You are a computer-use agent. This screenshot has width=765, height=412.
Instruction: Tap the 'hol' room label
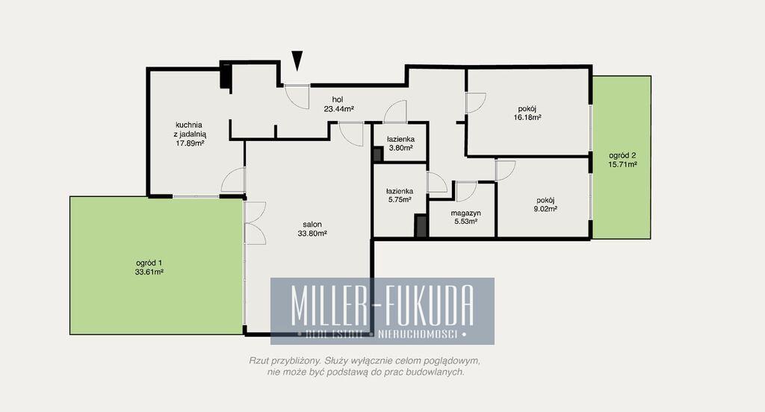[338, 100]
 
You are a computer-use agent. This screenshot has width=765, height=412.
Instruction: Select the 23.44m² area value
[338, 109]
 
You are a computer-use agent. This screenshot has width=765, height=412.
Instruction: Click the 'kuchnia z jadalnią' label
[190, 129]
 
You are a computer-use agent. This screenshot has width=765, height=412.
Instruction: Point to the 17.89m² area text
[190, 143]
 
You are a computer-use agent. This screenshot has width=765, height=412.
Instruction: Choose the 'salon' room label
[312, 225]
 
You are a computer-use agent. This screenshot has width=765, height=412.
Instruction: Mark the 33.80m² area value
[312, 234]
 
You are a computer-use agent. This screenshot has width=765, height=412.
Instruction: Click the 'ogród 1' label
[149, 263]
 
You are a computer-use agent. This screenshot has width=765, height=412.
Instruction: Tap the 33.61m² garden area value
[149, 272]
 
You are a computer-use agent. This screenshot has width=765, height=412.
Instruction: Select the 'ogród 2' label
[622, 155]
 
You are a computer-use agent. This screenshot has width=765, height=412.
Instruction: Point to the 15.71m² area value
[622, 164]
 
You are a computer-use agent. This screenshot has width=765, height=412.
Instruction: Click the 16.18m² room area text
[527, 117]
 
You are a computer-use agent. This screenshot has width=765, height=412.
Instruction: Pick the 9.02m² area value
[545, 209]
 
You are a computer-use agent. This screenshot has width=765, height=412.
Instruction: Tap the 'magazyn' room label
[465, 213]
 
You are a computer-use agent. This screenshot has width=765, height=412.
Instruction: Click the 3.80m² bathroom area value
[400, 148]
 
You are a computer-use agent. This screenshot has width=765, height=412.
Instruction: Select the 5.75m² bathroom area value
[400, 199]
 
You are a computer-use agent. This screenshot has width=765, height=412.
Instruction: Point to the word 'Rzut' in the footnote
[258, 360]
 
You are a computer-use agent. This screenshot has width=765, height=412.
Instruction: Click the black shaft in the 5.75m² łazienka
[421, 226]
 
